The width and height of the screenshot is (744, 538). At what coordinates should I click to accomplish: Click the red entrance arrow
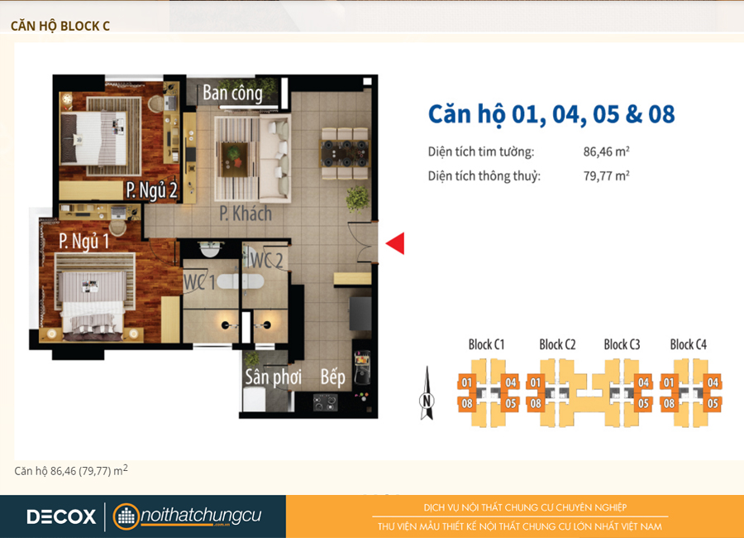point(397,243)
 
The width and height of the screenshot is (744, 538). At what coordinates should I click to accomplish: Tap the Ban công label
point(232,93)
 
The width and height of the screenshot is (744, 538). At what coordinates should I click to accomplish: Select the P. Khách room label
point(246,214)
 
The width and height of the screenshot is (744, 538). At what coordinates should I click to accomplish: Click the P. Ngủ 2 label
point(151,190)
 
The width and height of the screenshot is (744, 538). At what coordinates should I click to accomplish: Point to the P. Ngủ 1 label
point(84,241)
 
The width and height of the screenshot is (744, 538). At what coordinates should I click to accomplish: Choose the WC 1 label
point(199,282)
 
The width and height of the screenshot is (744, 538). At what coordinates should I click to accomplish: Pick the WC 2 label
point(266,261)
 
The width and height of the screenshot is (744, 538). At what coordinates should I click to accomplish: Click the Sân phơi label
point(274,377)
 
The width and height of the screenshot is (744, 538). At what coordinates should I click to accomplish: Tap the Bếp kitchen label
point(332,377)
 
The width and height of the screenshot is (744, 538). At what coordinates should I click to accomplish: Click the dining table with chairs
point(345,153)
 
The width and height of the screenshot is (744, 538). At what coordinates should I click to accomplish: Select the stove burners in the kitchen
point(325,402)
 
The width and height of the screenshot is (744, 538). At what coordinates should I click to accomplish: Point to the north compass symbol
point(427,393)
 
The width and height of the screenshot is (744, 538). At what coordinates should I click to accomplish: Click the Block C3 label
point(622,344)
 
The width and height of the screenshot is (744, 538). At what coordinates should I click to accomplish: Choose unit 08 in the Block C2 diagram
point(536,404)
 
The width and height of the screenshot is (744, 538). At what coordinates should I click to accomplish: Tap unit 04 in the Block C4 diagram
point(713,382)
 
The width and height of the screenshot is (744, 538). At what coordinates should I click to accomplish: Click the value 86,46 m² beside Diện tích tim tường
point(607,151)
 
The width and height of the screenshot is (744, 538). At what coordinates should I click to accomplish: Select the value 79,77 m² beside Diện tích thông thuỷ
point(607,175)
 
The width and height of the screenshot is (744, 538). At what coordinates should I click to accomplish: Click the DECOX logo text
point(61,516)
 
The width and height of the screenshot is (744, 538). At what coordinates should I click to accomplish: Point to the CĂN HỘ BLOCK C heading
point(60,26)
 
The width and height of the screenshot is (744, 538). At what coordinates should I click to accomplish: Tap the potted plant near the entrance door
point(358,198)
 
